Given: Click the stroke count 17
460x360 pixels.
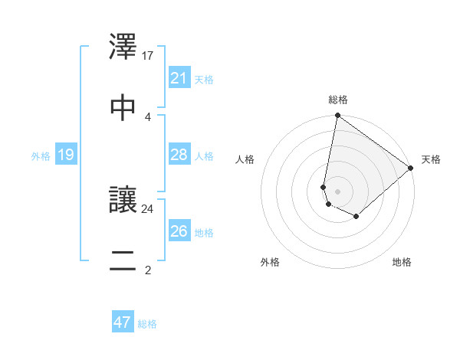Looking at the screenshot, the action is [x=148, y=56].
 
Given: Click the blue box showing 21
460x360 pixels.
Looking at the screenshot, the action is [x=179, y=78].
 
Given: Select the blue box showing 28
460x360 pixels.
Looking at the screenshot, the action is [x=179, y=155].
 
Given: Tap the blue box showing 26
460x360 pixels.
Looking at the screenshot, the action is [x=179, y=231].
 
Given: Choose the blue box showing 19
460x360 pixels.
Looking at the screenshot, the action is [x=66, y=155].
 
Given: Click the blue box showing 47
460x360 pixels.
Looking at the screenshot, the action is [x=123, y=322].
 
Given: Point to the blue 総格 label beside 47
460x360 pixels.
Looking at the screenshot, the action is [x=147, y=324].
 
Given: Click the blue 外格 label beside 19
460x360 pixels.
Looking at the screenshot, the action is [x=40, y=156].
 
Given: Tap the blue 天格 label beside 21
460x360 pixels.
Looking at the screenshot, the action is [x=204, y=79].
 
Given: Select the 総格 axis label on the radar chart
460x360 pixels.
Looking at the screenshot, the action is [x=338, y=100].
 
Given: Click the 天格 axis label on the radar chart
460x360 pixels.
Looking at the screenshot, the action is [x=431, y=159].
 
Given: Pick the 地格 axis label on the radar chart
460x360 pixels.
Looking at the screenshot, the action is [x=402, y=263].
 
